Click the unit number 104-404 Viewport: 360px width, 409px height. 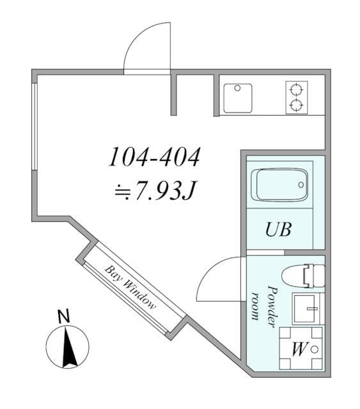[x=154, y=157]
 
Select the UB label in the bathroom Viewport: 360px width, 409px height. [x=279, y=229]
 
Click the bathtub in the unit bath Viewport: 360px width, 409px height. [x=279, y=185]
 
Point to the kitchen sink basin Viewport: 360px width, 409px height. [x=237, y=98]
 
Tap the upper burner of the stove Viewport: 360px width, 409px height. [x=296, y=89]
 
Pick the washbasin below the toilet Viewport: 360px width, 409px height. [x=308, y=309]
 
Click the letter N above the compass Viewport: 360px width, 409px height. [x=63, y=316]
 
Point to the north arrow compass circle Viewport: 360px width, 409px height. [x=67, y=346]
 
